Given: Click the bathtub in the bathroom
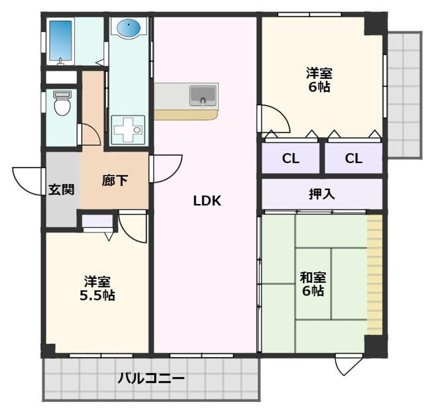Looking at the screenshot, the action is click(60, 41).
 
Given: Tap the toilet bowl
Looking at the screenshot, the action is click(63, 103).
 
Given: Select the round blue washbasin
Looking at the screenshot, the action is click(129, 28).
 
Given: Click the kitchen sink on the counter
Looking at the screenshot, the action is click(203, 96).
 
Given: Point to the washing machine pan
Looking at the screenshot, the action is click(128, 129).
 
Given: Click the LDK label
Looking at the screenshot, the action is click(207, 201).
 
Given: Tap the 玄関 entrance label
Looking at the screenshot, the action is click(62, 189).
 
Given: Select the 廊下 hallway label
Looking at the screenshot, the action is click(115, 180).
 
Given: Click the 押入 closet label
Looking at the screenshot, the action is click(322, 194).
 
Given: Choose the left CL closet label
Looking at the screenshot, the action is click(291, 158).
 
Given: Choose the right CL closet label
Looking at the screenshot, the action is click(353, 158).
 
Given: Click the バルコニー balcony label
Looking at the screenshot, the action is click(151, 378).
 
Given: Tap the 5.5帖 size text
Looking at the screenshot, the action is click(97, 295).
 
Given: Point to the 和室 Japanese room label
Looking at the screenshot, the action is click(313, 278).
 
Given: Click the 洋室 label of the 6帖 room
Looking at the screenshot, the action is click(319, 74).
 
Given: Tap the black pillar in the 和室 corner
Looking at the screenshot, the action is click(376, 346).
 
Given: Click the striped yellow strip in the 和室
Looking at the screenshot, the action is click(375, 275).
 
